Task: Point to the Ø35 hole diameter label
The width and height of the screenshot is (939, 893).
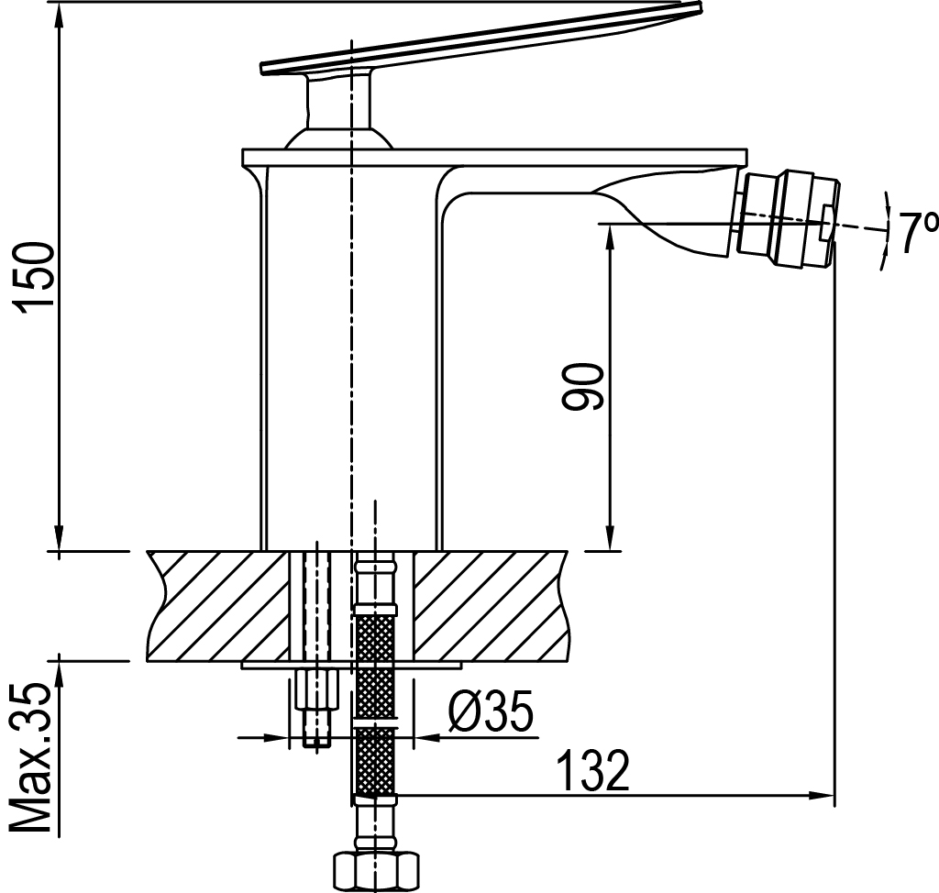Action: coord(491,711)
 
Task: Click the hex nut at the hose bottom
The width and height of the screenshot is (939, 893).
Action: coord(376,872)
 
